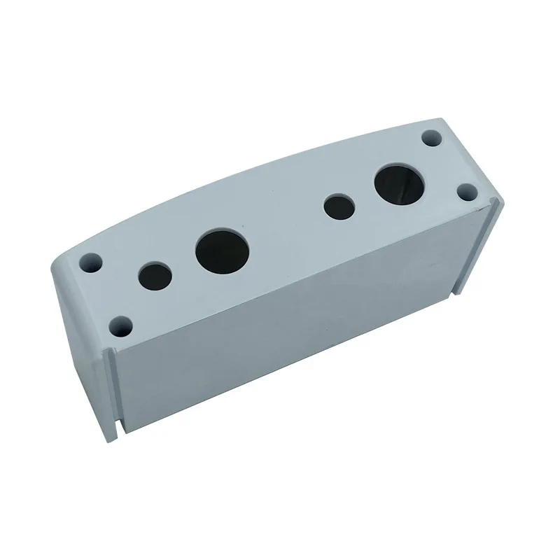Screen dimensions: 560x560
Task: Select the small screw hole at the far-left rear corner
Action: pos(92,263)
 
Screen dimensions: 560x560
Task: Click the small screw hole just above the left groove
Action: pos(120,325)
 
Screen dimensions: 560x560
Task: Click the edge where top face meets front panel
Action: pos(301,273)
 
